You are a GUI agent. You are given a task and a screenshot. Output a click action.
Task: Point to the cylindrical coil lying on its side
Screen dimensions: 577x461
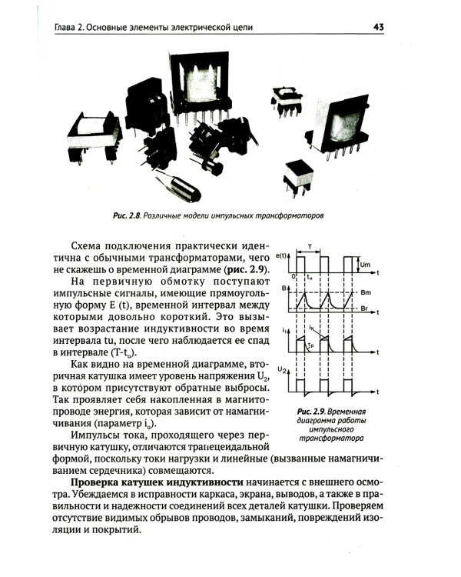point(181,185)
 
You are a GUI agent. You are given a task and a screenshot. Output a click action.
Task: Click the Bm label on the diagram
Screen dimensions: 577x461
point(367,293)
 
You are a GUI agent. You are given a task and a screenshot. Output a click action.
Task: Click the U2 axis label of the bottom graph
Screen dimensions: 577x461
point(283,372)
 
